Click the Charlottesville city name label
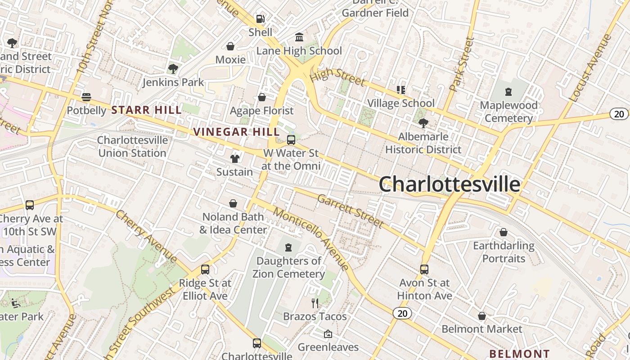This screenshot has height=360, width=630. point(449,184)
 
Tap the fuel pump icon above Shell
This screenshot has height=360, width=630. point(260,19)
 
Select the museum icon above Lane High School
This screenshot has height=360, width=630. point(299,37)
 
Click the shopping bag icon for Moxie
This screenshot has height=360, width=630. point(230,46)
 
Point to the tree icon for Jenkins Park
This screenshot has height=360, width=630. point(173,69)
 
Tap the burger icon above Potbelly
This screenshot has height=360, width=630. point(86,97)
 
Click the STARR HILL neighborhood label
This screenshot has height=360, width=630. point(146,110)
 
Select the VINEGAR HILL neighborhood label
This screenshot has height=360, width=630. point(236,132)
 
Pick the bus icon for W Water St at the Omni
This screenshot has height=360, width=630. point(291,139)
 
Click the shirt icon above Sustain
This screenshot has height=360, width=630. point(234,158)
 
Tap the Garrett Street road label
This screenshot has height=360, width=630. point(351,211)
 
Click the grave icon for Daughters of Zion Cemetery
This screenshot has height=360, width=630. point(288,247)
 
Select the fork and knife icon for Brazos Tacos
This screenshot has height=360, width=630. point(315,303)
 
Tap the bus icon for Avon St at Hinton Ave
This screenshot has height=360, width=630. point(424,269)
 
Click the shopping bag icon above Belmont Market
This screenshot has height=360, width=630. point(482,316)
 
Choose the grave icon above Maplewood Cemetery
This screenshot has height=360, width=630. point(508,92)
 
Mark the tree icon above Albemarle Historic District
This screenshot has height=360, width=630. point(423,123)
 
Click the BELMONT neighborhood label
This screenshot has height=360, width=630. point(519,354)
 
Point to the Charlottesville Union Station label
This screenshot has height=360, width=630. point(132,146)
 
